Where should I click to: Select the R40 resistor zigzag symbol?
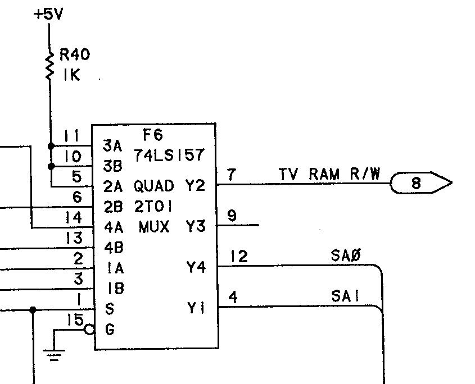coord(49,66)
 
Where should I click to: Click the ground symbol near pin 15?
coord(54,354)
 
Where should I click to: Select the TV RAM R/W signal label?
coord(329,174)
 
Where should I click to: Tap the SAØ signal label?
coord(345,256)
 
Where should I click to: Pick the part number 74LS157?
coord(169,156)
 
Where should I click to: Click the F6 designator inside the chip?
coord(153,135)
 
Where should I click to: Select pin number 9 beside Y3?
coord(232,215)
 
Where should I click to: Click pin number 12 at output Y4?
coord(238,257)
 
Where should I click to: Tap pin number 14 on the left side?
coord(73,217)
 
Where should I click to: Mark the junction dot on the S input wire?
coord(33,309)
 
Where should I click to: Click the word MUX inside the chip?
coord(153,227)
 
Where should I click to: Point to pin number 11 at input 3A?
coord(71,135)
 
